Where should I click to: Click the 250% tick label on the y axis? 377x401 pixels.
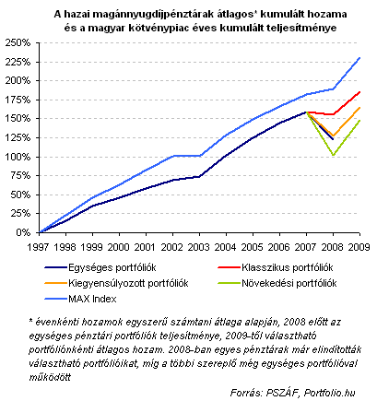[x=18, y=42]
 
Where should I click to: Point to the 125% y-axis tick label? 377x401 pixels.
[x=18, y=137]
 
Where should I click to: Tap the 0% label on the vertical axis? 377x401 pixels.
[x=23, y=232]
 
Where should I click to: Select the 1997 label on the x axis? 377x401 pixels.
[x=39, y=247]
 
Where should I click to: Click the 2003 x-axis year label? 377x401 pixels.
[x=198, y=247]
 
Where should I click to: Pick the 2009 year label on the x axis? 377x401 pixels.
[x=359, y=247]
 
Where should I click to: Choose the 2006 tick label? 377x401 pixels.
[x=278, y=247]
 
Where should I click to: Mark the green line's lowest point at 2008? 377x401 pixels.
[x=333, y=155]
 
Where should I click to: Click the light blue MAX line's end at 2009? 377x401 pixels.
[x=359, y=57]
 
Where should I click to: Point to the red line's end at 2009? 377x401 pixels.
[x=359, y=91]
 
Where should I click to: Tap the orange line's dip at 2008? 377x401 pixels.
[x=333, y=136]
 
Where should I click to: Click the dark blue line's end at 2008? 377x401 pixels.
[x=333, y=139]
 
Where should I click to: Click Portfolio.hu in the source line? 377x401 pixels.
[x=329, y=393]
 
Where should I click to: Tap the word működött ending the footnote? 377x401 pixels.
[x=50, y=377]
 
